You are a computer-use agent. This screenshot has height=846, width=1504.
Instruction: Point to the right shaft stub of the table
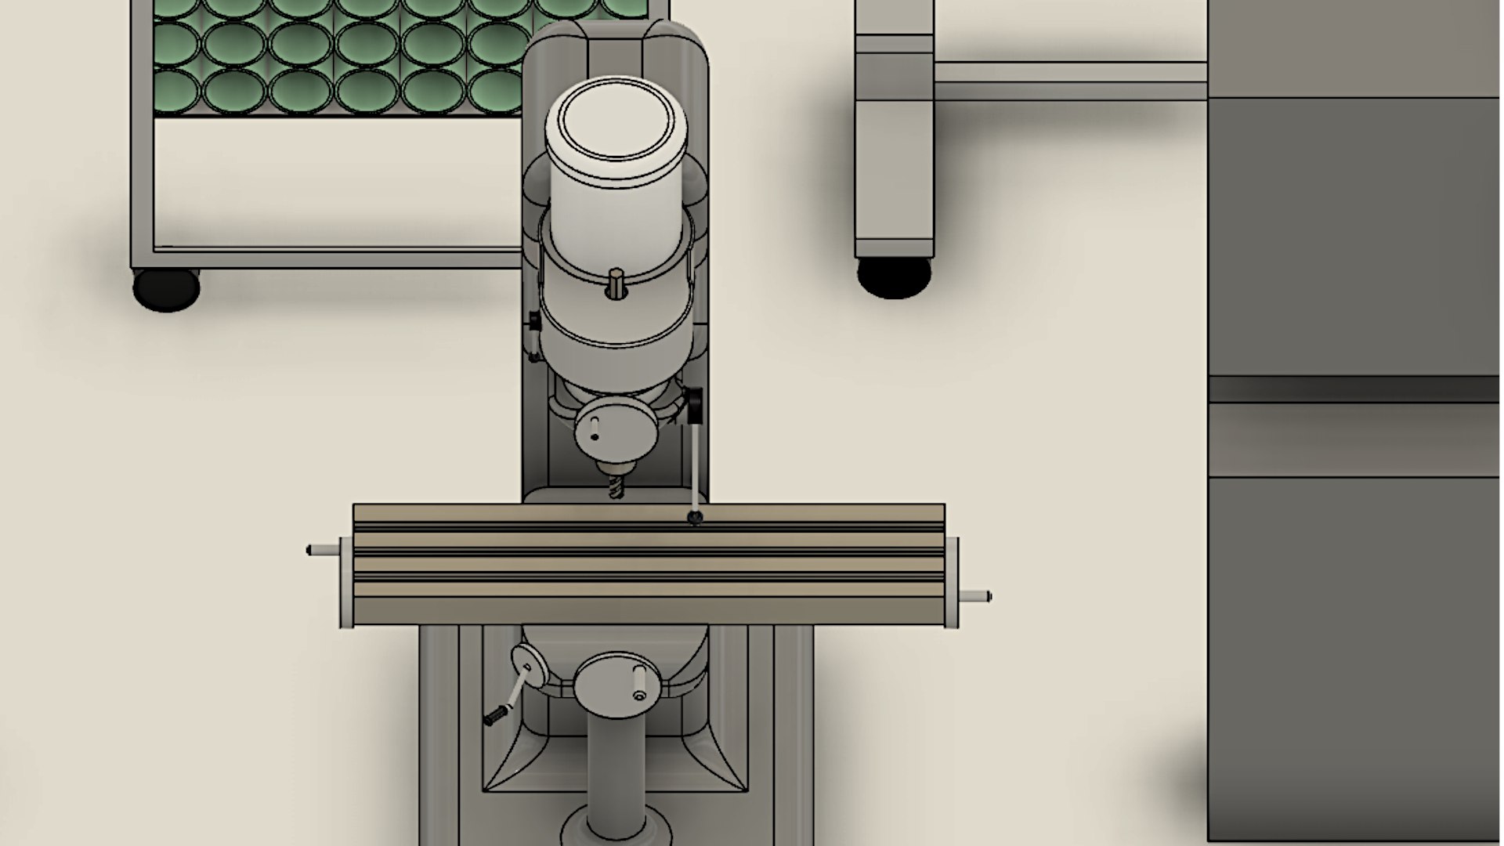pyautogui.click(x=975, y=596)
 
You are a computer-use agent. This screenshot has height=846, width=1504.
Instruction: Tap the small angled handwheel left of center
pyautogui.click(x=530, y=666)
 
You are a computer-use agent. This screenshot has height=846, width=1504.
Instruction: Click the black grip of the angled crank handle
pyautogui.click(x=495, y=715)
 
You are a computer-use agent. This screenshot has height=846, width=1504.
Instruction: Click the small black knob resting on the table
pyautogui.click(x=694, y=517)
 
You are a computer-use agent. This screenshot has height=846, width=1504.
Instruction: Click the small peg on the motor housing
pyautogui.click(x=616, y=281)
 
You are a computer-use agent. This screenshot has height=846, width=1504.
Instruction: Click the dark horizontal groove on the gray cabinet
pyautogui.click(x=1354, y=389)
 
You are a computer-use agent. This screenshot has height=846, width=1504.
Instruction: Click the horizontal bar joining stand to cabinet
pyautogui.click(x=1070, y=81)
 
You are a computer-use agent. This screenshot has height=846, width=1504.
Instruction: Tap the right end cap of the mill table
pyautogui.click(x=952, y=582)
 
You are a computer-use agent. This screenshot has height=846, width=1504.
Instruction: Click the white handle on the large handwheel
pyautogui.click(x=639, y=681)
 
